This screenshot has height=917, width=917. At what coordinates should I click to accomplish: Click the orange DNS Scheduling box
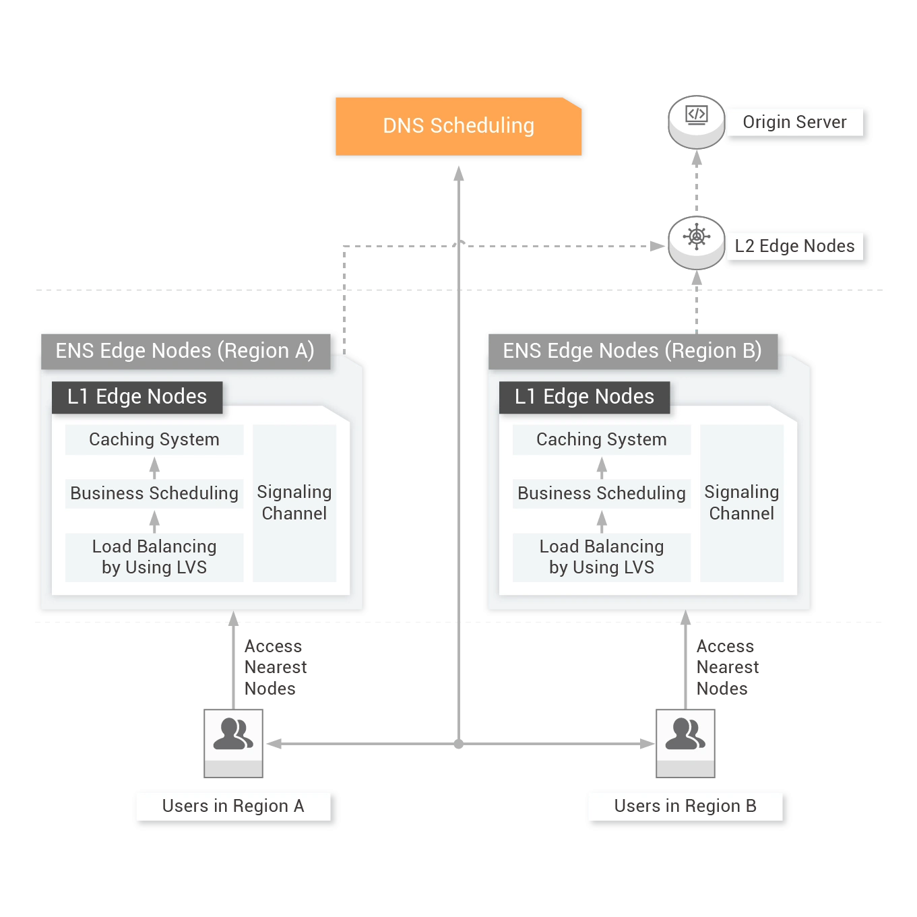[x=458, y=126]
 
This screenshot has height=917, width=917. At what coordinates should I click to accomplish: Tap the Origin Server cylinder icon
[x=696, y=122]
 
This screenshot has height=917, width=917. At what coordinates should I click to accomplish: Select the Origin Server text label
[x=794, y=123]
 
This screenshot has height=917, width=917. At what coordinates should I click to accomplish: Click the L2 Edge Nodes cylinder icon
[x=696, y=243]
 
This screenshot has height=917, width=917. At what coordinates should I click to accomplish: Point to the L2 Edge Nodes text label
[x=794, y=246]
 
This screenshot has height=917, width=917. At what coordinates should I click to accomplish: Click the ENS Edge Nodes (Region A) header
[x=185, y=352]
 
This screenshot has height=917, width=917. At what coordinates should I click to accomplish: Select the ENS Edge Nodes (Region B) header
[x=633, y=352]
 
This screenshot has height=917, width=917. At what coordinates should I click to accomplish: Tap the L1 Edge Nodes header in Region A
[x=137, y=397]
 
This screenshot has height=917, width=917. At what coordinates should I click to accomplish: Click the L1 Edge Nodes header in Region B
[x=584, y=397]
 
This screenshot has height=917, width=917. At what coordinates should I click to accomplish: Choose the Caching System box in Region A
[x=154, y=439]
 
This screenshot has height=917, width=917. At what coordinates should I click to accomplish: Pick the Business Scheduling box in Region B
[x=602, y=493]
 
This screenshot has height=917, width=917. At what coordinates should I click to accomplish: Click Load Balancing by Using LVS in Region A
[x=154, y=557]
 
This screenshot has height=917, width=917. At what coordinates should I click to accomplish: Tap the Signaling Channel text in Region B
[x=741, y=503]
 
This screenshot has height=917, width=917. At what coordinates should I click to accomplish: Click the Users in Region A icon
[x=233, y=743]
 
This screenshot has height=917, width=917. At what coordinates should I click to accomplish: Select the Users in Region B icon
[x=685, y=743]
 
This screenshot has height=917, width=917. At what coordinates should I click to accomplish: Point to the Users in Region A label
[x=233, y=806]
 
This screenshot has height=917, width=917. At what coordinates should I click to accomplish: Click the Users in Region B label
[x=685, y=806]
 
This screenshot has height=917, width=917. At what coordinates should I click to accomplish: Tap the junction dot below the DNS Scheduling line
[x=458, y=744]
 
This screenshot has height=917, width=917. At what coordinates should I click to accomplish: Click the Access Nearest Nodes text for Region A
[x=276, y=667]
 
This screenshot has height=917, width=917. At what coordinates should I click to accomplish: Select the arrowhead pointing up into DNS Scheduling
[x=458, y=173]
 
